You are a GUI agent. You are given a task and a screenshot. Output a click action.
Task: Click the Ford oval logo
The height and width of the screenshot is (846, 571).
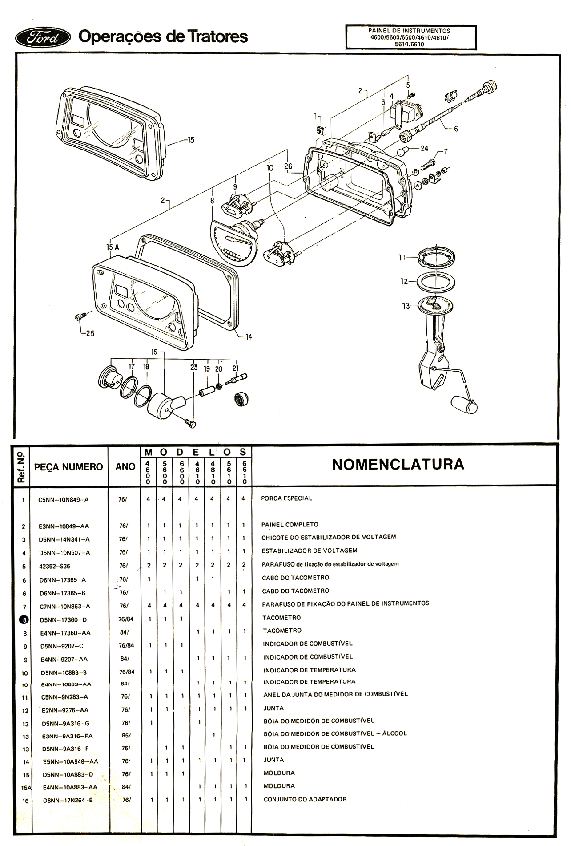tap(43, 37)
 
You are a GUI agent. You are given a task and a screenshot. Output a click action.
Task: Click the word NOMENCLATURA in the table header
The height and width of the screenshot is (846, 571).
tap(398, 464)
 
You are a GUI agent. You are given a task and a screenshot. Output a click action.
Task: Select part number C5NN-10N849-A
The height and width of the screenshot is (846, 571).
tap(64, 499)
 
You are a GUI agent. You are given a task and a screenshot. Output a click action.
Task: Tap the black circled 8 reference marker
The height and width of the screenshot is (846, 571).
tap(24, 619)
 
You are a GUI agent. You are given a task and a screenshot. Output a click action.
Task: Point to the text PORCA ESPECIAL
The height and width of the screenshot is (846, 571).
tap(286, 498)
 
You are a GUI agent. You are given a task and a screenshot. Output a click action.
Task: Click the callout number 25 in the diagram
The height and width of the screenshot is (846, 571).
tap(90, 333)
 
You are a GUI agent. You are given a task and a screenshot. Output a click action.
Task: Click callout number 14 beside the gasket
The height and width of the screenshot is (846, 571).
tap(248, 337)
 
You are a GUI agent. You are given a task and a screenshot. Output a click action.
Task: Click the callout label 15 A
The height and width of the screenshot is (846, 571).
tap(113, 247)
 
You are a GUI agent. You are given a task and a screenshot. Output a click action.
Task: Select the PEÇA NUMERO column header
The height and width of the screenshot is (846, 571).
tap(68, 466)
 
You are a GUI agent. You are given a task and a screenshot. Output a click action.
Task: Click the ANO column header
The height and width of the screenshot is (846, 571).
tap(125, 466)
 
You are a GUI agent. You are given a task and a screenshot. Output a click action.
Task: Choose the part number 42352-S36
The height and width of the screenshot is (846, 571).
tap(54, 566)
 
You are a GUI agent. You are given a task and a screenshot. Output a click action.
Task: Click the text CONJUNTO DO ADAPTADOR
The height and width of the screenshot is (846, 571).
tap(305, 799)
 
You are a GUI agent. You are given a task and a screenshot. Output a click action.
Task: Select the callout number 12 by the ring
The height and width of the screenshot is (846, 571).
tap(404, 281)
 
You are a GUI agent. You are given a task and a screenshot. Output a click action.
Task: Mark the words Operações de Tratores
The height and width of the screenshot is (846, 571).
tap(163, 36)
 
